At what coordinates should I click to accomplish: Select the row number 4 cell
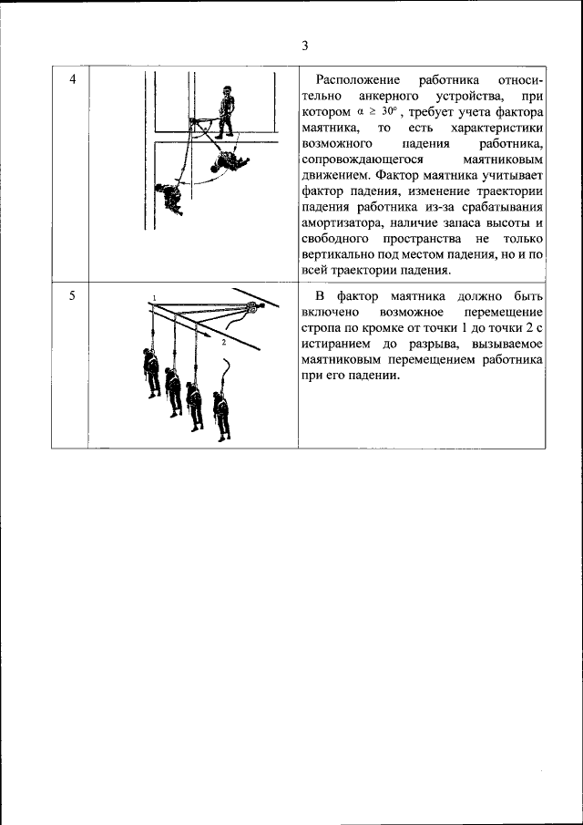pyautogui.click(x=72, y=80)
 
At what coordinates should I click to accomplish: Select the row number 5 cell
pyautogui.click(x=72, y=296)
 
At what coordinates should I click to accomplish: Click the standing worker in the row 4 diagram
pyautogui.click(x=225, y=110)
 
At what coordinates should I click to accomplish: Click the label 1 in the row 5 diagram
pyautogui.click(x=155, y=299)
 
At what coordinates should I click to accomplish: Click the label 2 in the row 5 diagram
pyautogui.click(x=222, y=344)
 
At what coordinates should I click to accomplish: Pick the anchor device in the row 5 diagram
pyautogui.click(x=251, y=308)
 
